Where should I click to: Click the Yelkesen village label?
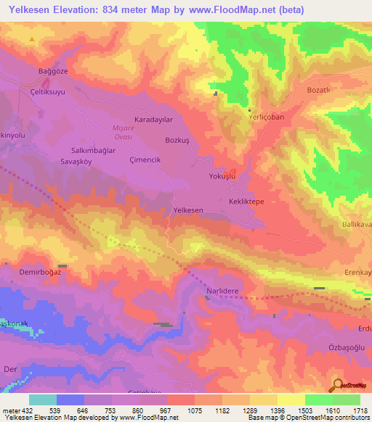(188, 210)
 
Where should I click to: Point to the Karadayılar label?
(153, 118)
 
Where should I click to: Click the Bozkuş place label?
(177, 140)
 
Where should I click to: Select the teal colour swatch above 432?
(43, 400)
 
